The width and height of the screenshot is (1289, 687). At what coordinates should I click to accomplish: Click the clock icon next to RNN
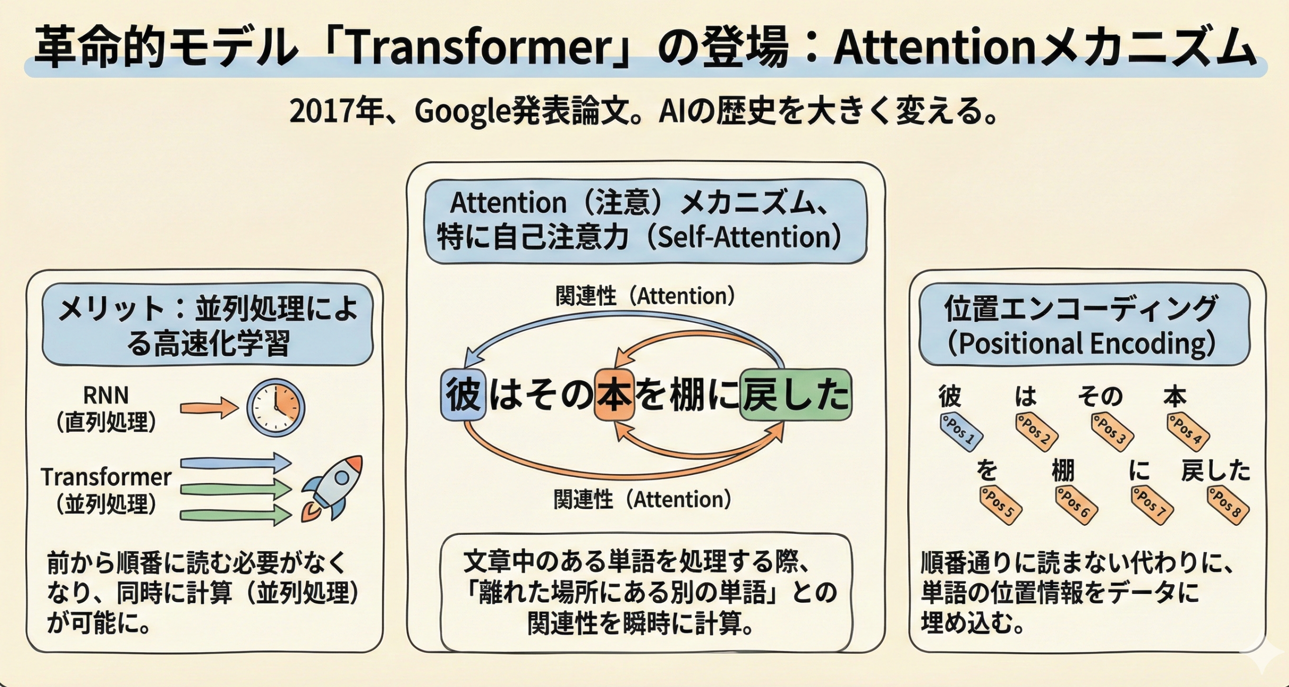coord(275,407)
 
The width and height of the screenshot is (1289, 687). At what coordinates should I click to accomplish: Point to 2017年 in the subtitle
coord(335,112)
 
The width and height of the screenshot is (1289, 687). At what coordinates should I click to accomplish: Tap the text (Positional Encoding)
coord(1081,344)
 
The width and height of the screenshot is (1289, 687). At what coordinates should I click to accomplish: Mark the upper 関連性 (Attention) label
coord(644,296)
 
